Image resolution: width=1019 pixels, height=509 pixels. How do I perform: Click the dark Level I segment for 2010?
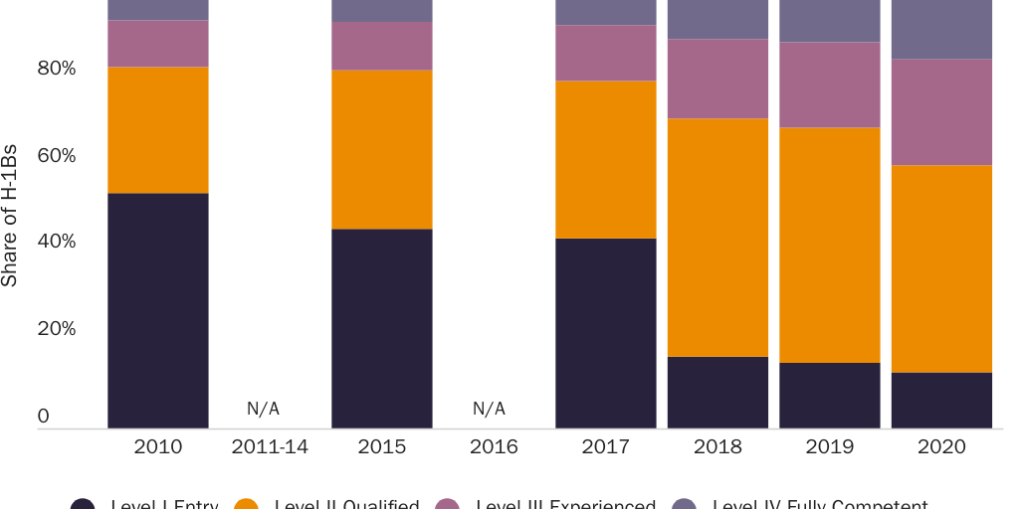pos(157,310)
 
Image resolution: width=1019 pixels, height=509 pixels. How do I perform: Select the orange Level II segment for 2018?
pos(717,237)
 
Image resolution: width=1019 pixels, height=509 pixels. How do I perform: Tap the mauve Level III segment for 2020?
pos(941,111)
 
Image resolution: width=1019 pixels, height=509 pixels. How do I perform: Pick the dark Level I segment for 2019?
pos(830,395)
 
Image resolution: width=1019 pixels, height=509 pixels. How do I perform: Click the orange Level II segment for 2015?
pos(381,149)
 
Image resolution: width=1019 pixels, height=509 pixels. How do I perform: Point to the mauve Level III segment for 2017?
pos(605,53)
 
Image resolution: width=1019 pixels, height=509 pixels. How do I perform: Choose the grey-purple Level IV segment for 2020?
pos(941,29)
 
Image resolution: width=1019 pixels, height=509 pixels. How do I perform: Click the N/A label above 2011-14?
pos(263,409)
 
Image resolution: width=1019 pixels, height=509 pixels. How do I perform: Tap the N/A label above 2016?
pos(489,409)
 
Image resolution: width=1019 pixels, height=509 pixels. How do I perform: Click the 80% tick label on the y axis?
pos(57,69)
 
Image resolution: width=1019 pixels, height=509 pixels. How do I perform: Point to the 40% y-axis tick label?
pos(57,242)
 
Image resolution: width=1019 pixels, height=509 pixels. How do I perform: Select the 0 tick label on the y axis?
pos(43,417)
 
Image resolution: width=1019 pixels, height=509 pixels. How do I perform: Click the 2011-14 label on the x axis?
pos(270,447)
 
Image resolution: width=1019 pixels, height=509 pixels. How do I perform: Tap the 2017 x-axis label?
pos(605,447)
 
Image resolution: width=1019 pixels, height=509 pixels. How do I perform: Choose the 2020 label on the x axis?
pos(941,447)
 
